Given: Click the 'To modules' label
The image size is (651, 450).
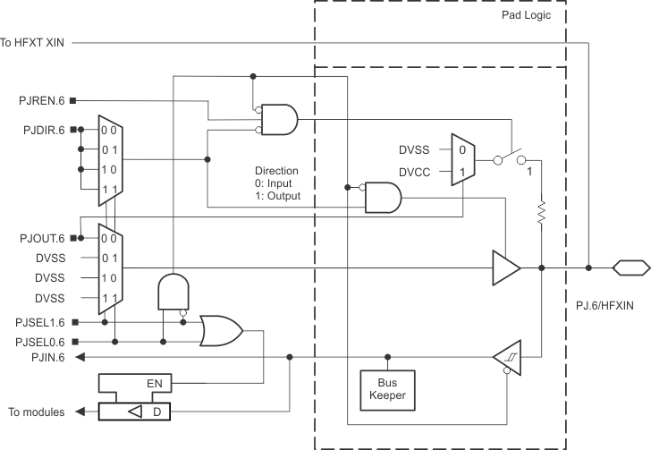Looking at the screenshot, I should click(36, 412).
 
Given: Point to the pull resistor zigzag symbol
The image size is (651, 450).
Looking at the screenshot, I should click(542, 214).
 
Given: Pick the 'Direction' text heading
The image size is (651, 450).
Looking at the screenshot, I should click(277, 169).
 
